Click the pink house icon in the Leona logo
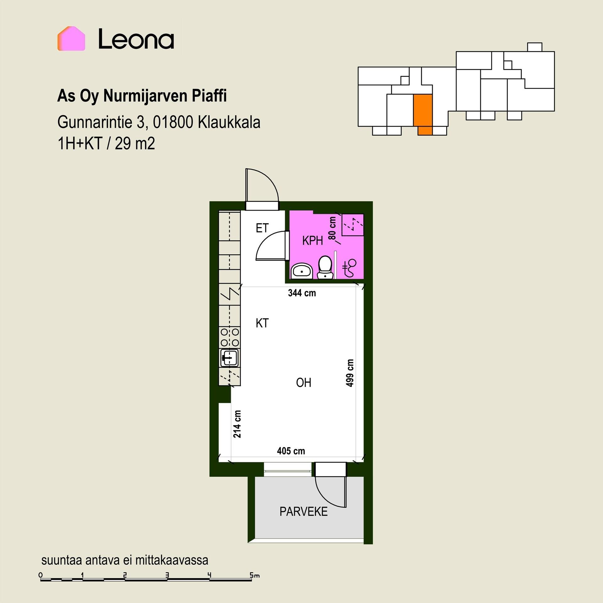71,38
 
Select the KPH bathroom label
312,241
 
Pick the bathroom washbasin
302,271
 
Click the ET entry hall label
262,228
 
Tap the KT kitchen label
262,323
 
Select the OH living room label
304,383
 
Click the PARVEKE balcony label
303,512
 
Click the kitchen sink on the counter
229,358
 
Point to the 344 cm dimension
302,293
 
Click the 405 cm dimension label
291,451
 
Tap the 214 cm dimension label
237,424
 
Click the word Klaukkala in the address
229,122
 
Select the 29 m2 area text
135,144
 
